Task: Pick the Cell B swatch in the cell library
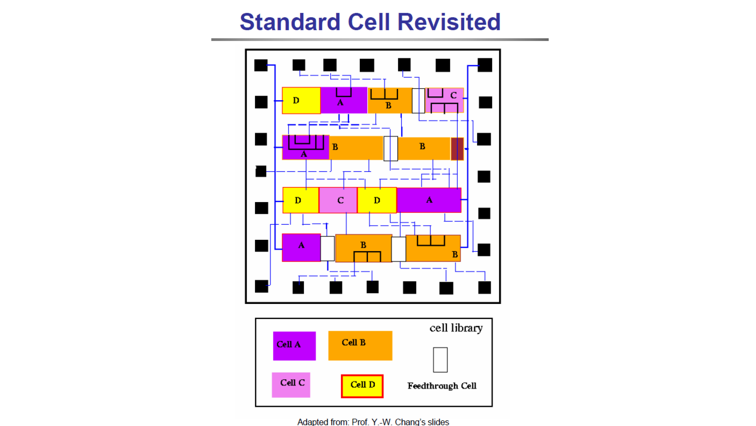[360, 346]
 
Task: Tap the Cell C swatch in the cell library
[291, 385]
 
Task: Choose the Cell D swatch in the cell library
[362, 386]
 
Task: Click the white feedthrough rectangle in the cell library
[440, 360]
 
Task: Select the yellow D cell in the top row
[301, 101]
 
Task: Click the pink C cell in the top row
[444, 100]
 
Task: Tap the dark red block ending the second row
[457, 149]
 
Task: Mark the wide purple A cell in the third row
[429, 200]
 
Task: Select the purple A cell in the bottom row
[301, 247]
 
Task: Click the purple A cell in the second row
[305, 147]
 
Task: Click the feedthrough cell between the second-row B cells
[391, 148]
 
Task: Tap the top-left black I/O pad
[261, 65]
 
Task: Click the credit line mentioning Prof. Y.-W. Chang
[373, 422]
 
